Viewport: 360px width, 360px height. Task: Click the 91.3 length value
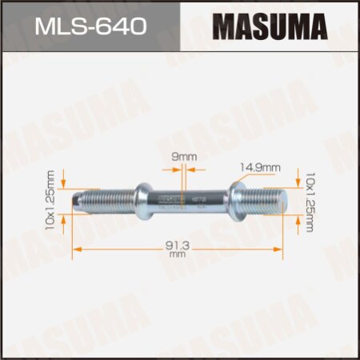click(x=178, y=244)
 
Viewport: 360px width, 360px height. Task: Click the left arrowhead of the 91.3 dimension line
click(x=76, y=249)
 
